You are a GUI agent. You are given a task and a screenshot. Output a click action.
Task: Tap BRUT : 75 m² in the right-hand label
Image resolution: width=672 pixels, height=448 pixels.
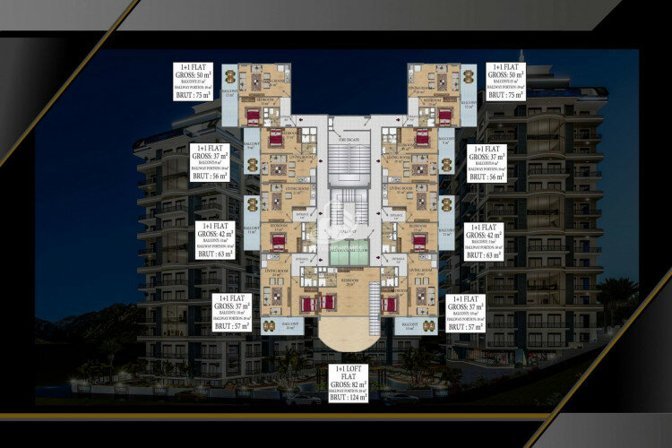[505, 94]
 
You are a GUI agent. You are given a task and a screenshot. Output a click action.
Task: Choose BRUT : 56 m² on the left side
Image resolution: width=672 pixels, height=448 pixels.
[211, 177]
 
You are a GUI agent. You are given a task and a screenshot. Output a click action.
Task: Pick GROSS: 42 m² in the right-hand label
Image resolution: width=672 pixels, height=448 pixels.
[486, 234]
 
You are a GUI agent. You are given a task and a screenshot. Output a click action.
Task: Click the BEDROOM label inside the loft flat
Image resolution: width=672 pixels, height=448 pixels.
[349, 280]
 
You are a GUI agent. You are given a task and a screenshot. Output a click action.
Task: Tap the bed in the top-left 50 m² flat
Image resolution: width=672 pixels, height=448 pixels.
[253, 115]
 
